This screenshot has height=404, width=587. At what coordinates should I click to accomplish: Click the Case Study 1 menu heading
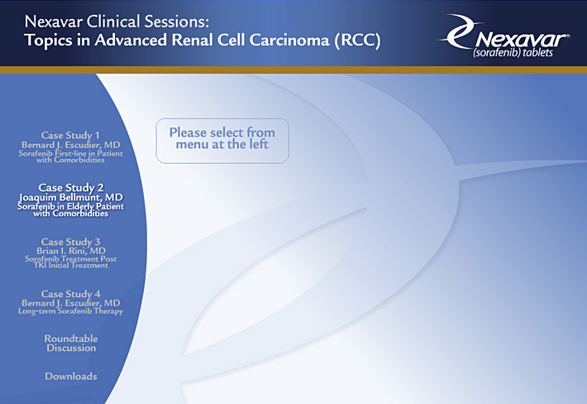tap(70, 135)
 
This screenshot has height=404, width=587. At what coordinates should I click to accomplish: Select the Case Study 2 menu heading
tap(71, 187)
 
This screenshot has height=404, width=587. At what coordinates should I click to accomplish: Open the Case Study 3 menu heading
tap(71, 242)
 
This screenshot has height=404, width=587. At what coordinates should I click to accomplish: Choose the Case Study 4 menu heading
tap(71, 294)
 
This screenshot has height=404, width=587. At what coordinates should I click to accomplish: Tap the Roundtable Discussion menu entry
tap(71, 344)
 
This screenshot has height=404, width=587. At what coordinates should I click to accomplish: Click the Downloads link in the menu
tap(71, 377)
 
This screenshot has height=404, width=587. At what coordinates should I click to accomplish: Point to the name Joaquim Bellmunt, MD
tap(71, 198)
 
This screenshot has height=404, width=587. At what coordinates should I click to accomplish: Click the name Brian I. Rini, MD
tap(71, 251)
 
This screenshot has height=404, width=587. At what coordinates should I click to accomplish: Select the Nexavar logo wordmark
tap(522, 40)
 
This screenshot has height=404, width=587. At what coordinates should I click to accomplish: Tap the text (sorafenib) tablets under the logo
tap(513, 52)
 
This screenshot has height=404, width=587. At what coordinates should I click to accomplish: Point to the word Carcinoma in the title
tap(289, 40)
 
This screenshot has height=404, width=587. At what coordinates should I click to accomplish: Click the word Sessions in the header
tap(177, 22)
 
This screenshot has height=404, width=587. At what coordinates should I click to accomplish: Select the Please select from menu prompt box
tap(222, 141)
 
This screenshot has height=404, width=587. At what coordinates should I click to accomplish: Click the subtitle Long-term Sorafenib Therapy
tap(71, 311)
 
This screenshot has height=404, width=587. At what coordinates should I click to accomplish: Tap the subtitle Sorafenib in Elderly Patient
tap(71, 206)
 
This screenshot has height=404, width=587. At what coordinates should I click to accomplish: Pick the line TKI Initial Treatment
tap(71, 266)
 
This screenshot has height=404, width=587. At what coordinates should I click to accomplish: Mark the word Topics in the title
tap(48, 41)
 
